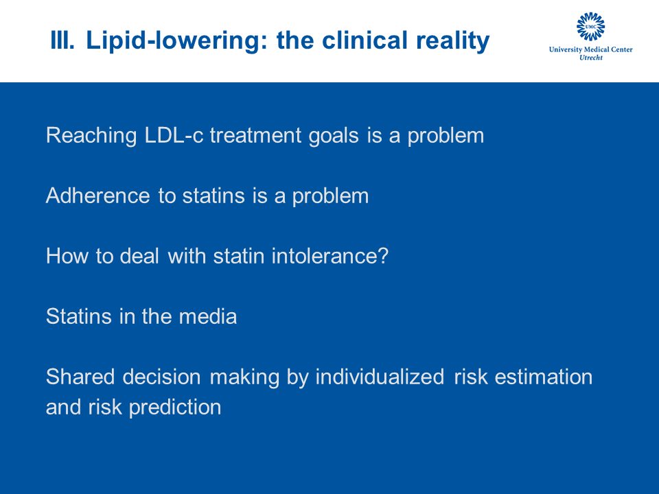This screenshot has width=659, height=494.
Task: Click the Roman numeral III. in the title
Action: (62, 40)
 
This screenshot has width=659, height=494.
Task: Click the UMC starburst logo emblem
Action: (590, 27)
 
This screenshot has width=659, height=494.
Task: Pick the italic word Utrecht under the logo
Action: (591, 58)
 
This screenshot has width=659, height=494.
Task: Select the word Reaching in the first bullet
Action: (91, 136)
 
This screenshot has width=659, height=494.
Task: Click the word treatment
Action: (256, 135)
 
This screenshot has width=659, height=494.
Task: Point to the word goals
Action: (334, 136)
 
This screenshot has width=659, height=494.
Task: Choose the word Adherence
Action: (98, 196)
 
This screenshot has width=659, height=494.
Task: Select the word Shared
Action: (80, 377)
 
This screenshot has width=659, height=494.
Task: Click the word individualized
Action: (380, 377)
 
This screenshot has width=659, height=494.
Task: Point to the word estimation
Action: (544, 377)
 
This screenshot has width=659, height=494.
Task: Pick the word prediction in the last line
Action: (175, 408)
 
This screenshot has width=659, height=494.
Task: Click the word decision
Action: (162, 377)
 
